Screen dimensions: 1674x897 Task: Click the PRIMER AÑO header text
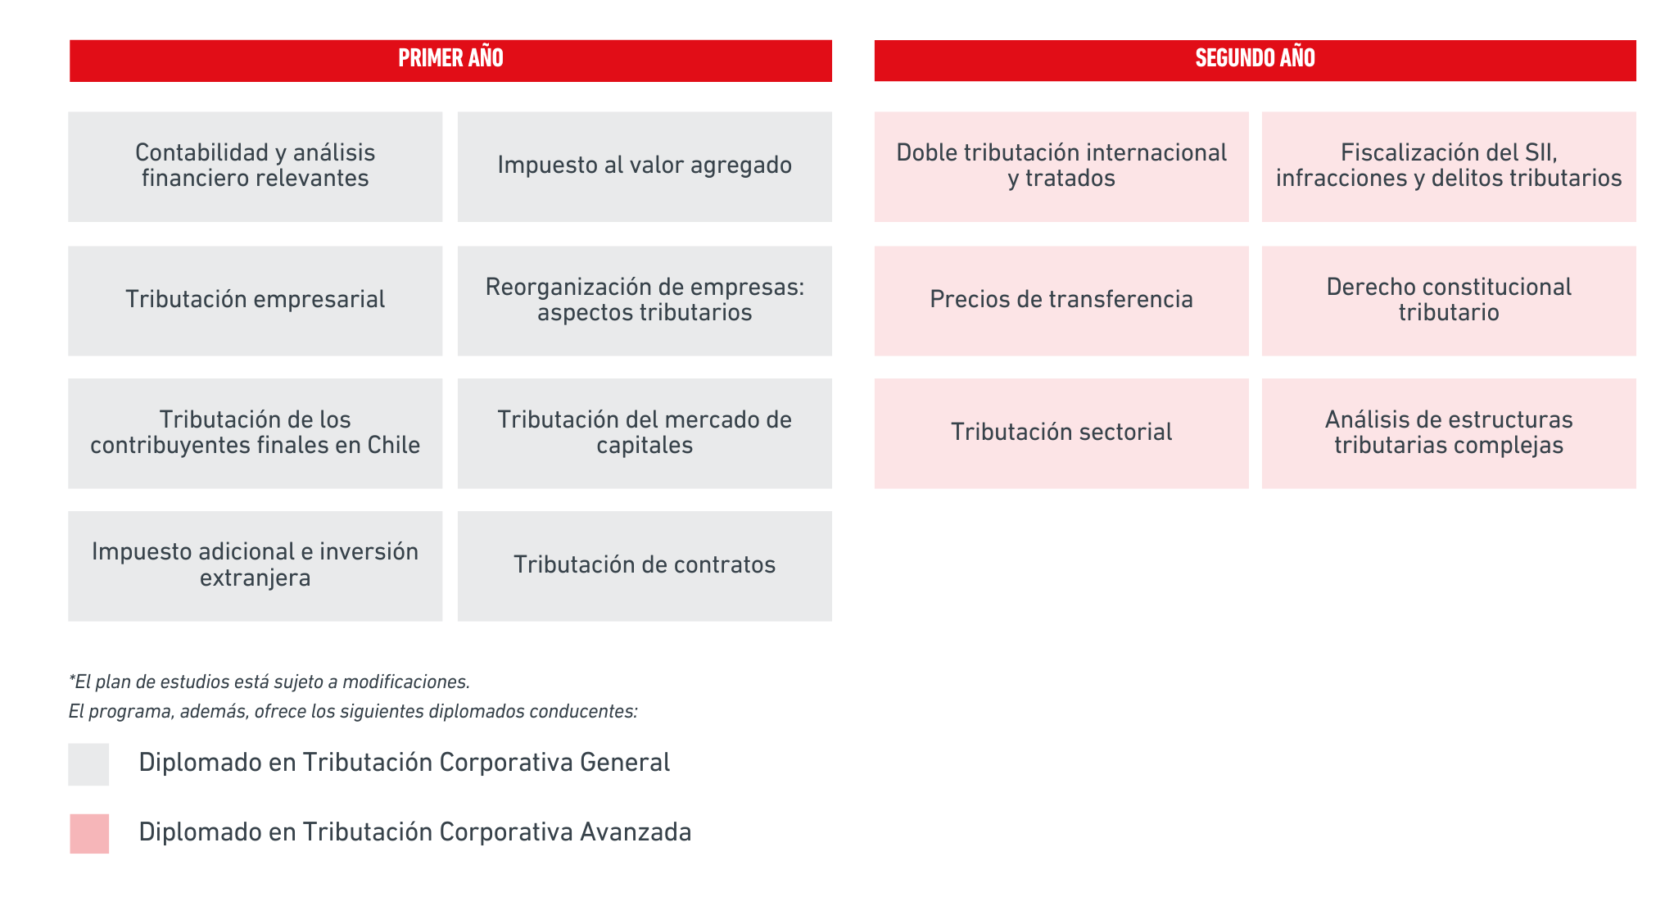tap(450, 58)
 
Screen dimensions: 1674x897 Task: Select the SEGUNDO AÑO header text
tap(1255, 58)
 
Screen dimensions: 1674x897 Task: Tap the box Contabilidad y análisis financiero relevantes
tap(256, 166)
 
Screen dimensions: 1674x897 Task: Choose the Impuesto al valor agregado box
tap(645, 166)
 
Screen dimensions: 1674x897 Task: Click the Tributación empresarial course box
tap(256, 301)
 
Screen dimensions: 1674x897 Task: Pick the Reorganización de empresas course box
tap(645, 301)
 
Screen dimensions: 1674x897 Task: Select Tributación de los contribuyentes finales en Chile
tap(256, 433)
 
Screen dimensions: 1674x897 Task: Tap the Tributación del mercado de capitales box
tap(645, 433)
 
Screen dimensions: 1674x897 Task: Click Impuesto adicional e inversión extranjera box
tap(256, 566)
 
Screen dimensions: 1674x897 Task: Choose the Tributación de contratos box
tap(645, 566)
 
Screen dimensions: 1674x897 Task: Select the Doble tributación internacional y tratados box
tap(1061, 166)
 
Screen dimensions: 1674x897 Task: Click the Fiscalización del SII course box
tap(1449, 166)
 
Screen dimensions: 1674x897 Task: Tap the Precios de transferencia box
tap(1061, 301)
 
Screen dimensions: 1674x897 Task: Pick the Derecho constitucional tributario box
tap(1449, 301)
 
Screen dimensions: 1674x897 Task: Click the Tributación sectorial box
tap(1061, 433)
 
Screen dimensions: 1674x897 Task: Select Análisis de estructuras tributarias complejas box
tap(1449, 433)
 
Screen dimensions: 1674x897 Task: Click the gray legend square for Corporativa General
tap(88, 764)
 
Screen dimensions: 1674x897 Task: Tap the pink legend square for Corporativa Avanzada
tap(89, 834)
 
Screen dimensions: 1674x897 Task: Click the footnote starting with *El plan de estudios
tap(269, 682)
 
